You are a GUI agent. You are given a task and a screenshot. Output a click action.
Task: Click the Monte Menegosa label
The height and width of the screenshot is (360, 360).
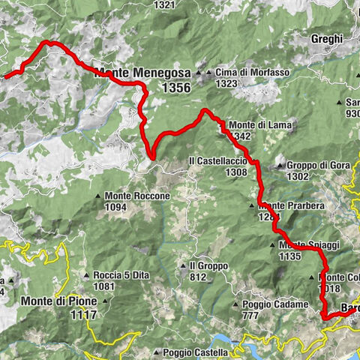pyautogui.click(x=142, y=73)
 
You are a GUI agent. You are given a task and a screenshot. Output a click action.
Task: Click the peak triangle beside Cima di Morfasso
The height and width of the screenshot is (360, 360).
pyautogui.click(x=199, y=73)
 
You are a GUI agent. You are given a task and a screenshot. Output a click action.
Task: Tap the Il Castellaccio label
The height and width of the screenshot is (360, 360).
pyautogui.click(x=217, y=161)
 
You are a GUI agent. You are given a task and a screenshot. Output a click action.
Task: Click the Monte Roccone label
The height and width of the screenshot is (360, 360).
pyautogui.click(x=137, y=196)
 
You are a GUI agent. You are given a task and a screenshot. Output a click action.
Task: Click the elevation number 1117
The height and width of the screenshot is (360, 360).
pyautogui.click(x=82, y=316)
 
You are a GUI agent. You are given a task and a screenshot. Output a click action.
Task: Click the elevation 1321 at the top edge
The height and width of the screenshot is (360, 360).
pyautogui.click(x=165, y=4)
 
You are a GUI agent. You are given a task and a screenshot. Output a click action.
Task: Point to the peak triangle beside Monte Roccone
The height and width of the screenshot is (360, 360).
pyautogui.click(x=98, y=196)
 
